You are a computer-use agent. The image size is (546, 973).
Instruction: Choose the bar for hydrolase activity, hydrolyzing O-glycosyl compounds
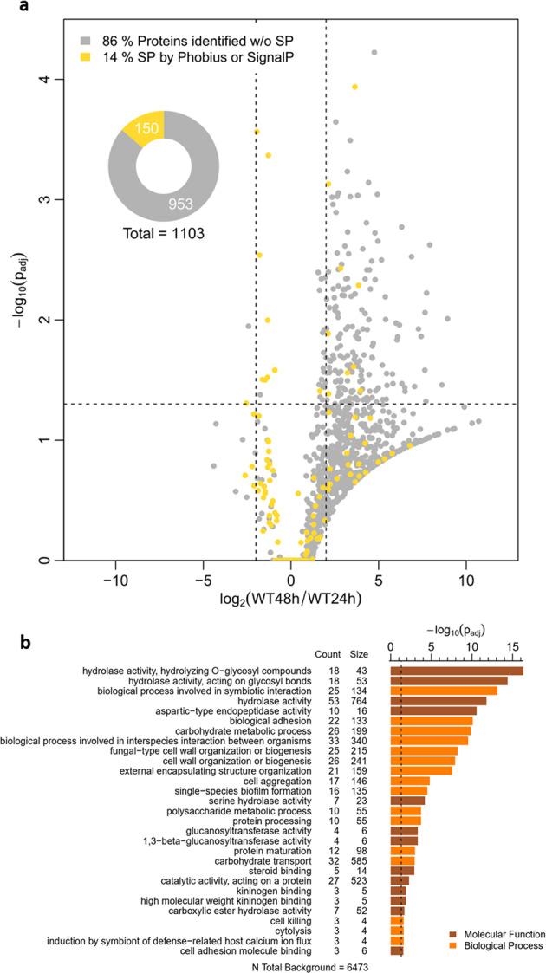point(457,671)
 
